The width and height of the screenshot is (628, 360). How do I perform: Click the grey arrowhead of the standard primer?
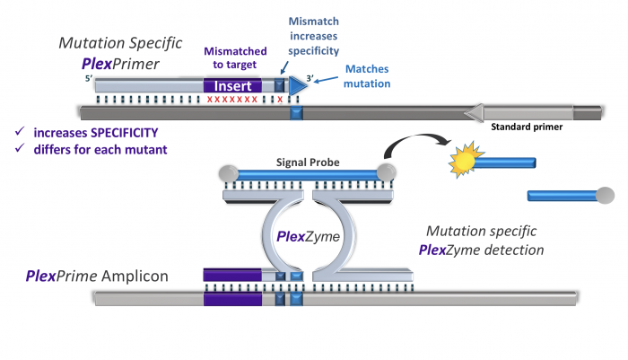pyautogui.click(x=474, y=112)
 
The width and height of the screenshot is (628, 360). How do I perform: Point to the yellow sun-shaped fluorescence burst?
pyautogui.click(x=463, y=162)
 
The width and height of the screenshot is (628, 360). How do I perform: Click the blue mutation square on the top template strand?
pyautogui.click(x=297, y=112)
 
